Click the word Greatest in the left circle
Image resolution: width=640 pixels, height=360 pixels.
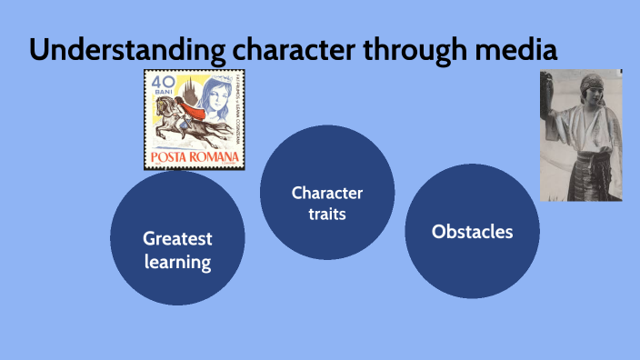(177, 239)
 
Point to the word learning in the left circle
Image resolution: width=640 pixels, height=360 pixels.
(177, 264)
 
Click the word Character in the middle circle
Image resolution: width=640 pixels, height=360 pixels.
(327, 193)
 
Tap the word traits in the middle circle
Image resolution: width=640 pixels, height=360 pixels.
(327, 215)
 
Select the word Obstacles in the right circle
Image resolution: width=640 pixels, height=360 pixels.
(472, 232)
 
